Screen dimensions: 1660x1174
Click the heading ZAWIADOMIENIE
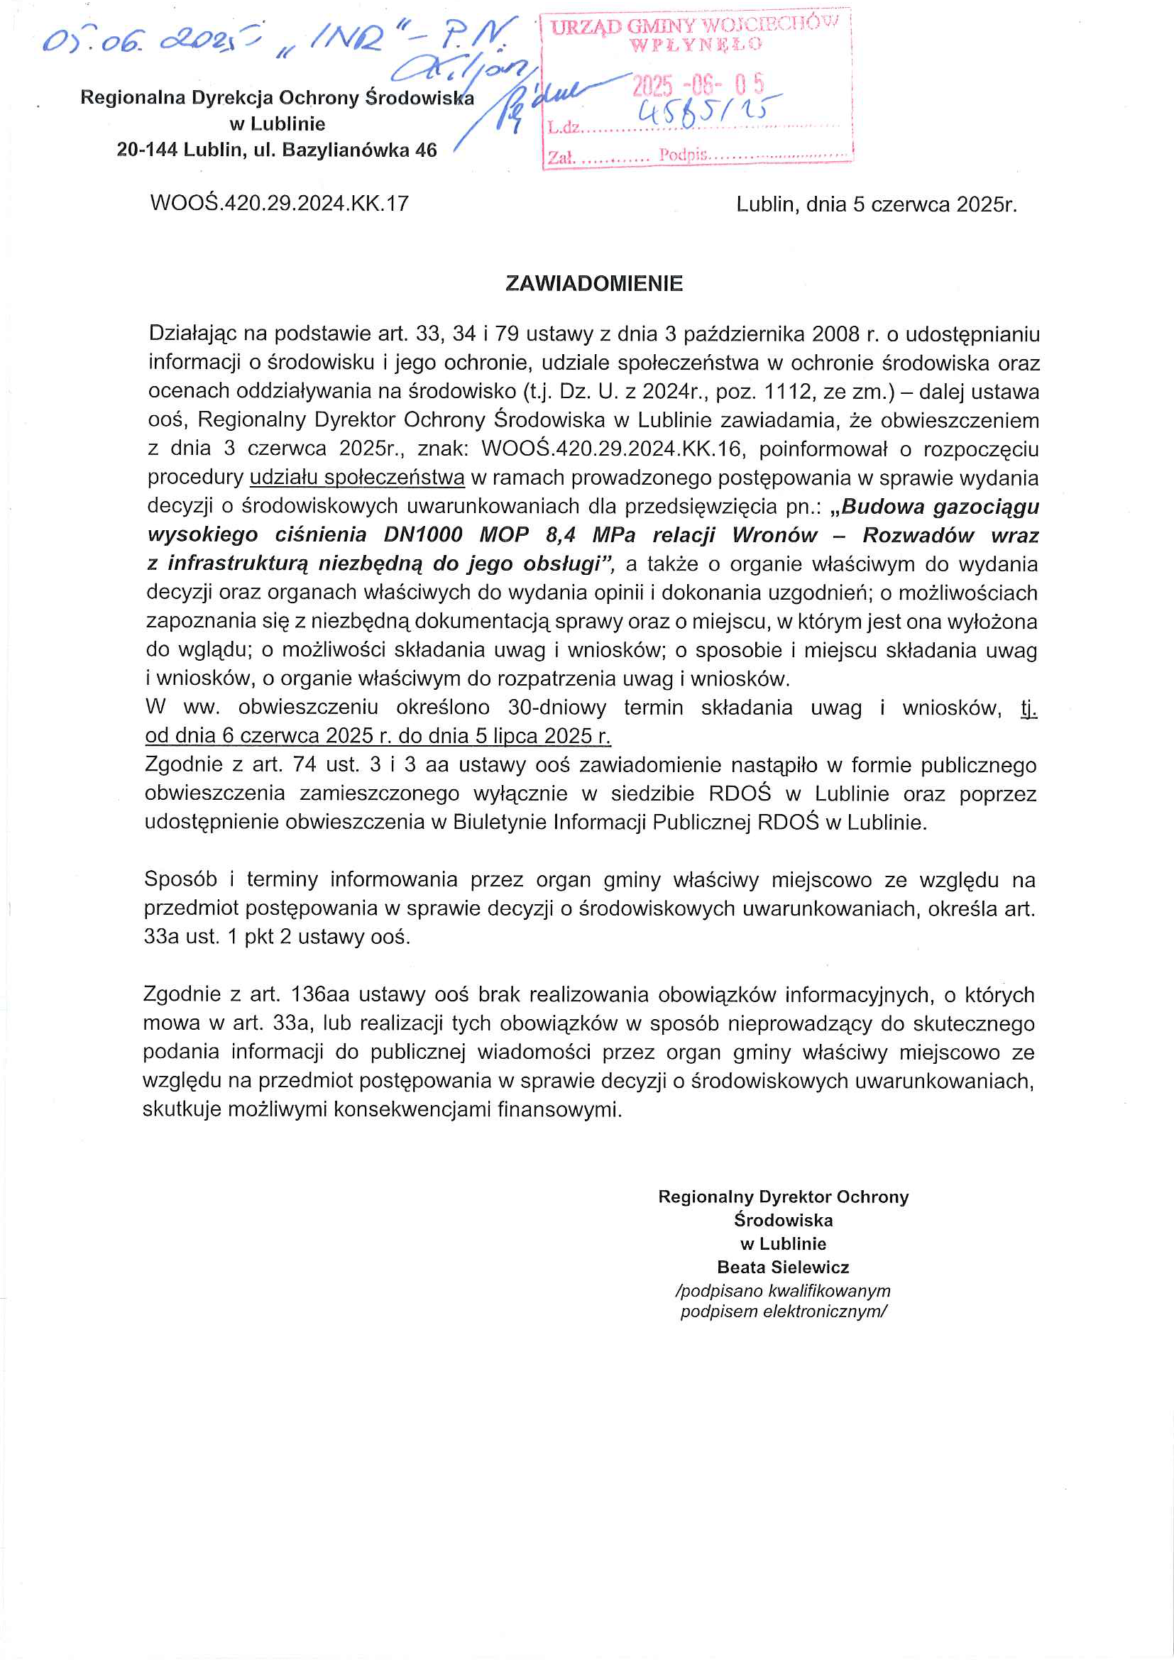click(593, 283)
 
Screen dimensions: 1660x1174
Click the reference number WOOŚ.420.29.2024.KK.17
click(279, 203)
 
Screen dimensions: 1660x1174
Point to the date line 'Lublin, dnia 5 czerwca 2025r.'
click(876, 204)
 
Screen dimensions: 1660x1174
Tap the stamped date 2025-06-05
click(698, 86)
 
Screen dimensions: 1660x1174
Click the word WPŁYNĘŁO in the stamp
click(696, 45)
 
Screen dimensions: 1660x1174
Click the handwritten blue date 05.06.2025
click(148, 40)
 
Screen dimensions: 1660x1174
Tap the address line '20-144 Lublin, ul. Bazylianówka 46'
click(277, 150)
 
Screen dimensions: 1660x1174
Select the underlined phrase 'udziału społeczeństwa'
click(357, 478)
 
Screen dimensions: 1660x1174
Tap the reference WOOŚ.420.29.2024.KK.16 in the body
click(612, 449)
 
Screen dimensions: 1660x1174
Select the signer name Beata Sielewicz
click(783, 1267)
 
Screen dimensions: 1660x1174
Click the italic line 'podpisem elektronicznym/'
click(783, 1312)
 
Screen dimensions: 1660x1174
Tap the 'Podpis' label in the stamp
click(681, 155)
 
